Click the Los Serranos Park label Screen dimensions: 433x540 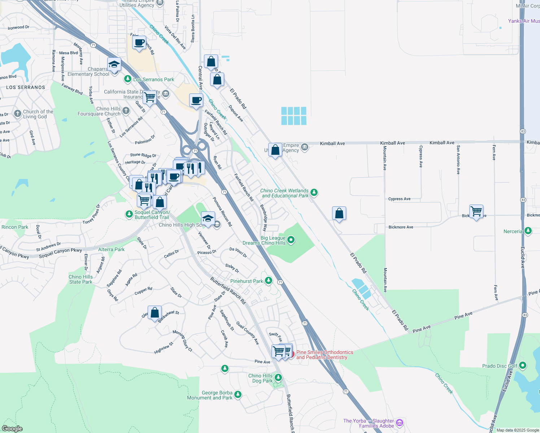click(153, 79)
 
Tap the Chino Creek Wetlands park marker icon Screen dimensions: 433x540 click(314, 192)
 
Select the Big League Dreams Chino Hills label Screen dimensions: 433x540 click(264, 240)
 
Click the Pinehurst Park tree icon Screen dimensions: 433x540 click(268, 281)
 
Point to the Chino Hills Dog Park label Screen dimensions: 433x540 click(260, 378)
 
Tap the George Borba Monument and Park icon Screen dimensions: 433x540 click(238, 394)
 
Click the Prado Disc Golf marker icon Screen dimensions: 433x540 click(522, 366)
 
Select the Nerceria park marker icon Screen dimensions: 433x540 click(528, 231)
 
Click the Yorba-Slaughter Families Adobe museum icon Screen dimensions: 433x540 click(399, 423)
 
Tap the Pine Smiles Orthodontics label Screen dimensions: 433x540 click(325, 355)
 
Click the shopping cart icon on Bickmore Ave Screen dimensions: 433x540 click(476, 211)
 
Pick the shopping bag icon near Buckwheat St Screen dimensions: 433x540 click(154, 313)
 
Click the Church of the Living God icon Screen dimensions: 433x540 click(17, 114)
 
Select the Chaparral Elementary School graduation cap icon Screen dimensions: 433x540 click(114, 65)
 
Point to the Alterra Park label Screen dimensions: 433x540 click(111, 249)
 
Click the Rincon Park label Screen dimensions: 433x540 click(15, 227)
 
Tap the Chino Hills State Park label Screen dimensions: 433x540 click(80, 279)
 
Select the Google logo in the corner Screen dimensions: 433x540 click(12, 428)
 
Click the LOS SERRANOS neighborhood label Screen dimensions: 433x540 click(26, 87)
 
